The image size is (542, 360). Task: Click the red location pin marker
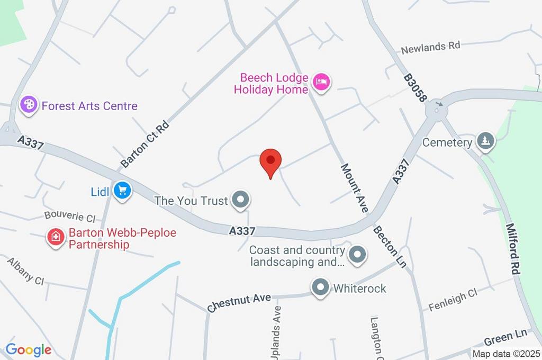point(270,161)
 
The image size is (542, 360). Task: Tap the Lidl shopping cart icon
point(123,190)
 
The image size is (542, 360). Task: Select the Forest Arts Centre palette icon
point(28,105)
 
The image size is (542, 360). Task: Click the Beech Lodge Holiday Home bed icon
point(321,82)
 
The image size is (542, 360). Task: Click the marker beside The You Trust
point(241,200)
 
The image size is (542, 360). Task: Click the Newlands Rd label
point(430,47)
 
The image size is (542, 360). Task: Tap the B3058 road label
point(415,88)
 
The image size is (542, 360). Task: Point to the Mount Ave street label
point(354,187)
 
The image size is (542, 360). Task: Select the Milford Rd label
point(514,249)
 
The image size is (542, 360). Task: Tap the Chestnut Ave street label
point(239,302)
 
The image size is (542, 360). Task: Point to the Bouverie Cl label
point(69,217)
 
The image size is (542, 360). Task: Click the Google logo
point(29,349)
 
